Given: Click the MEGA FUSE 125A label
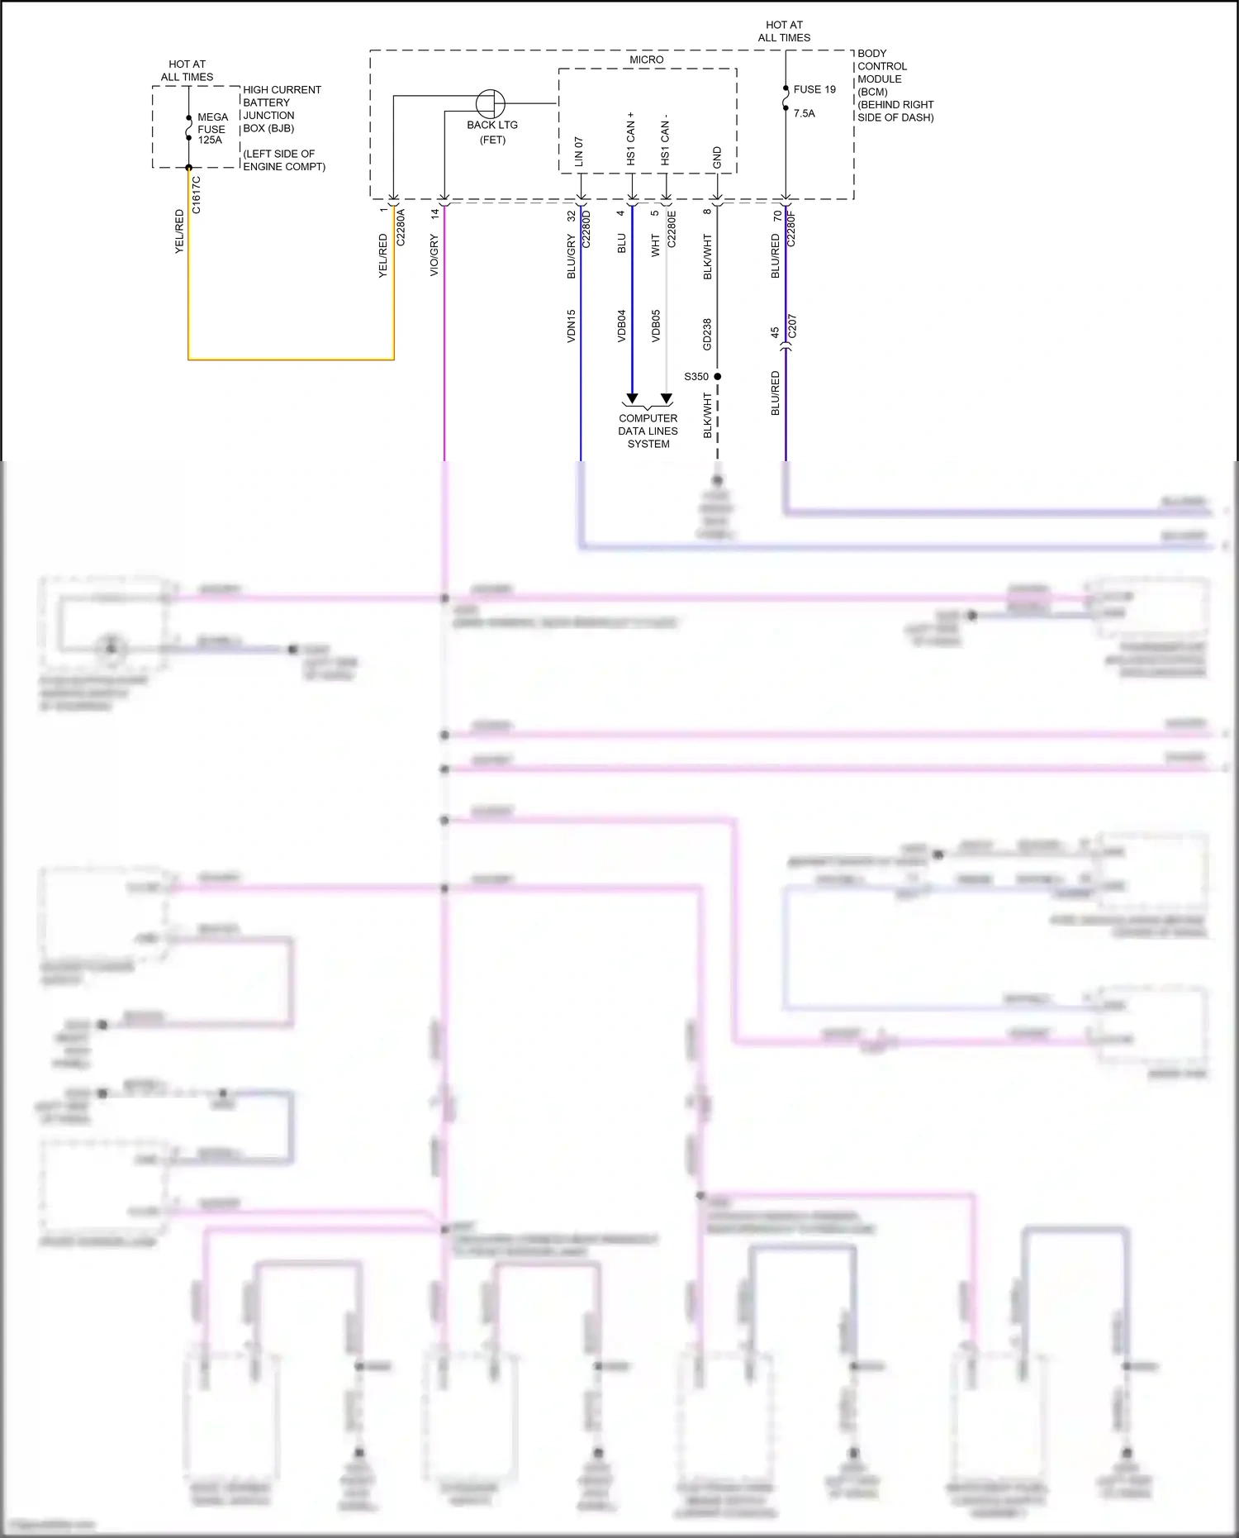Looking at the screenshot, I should pos(211,129).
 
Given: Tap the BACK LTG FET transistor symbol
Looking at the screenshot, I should pos(491,104).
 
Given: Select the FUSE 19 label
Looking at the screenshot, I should pos(814,89).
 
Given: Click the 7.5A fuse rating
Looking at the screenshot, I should pos(804,113).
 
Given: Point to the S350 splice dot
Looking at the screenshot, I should pos(717,376).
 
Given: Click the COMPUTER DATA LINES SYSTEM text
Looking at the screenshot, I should pos(648,431).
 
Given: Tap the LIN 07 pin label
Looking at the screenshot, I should pos(578,153).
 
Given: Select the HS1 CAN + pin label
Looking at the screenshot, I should pos(631,139).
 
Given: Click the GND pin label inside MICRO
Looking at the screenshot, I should pos(717,158).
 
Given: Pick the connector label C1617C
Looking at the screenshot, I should pos(197,195).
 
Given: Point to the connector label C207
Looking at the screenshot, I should pos(792,326).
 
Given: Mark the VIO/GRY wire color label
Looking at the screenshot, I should pos(434,255).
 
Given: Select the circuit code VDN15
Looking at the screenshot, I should pos(571,326).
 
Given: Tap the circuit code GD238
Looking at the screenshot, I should pos(707,334).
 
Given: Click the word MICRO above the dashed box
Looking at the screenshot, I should pos(646,60).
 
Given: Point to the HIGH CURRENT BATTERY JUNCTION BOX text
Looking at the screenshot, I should pos(281,108).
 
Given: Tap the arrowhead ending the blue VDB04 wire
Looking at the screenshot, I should pos(632,398).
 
